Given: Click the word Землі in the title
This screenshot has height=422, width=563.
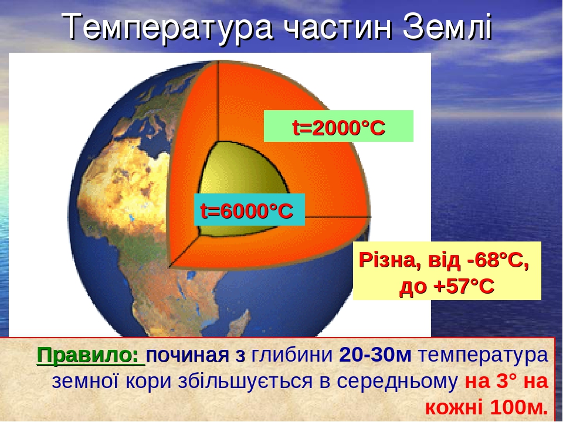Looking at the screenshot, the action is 447,27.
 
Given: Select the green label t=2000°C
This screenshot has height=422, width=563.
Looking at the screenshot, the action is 338,127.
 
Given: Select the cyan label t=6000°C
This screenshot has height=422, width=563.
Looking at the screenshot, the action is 249,210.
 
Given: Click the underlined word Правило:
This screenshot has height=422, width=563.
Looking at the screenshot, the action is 90,356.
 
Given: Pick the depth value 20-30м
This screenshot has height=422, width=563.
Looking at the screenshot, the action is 375,355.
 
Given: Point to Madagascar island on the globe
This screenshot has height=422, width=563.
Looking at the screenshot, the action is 239,321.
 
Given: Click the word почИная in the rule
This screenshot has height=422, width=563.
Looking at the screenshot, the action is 187,356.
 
